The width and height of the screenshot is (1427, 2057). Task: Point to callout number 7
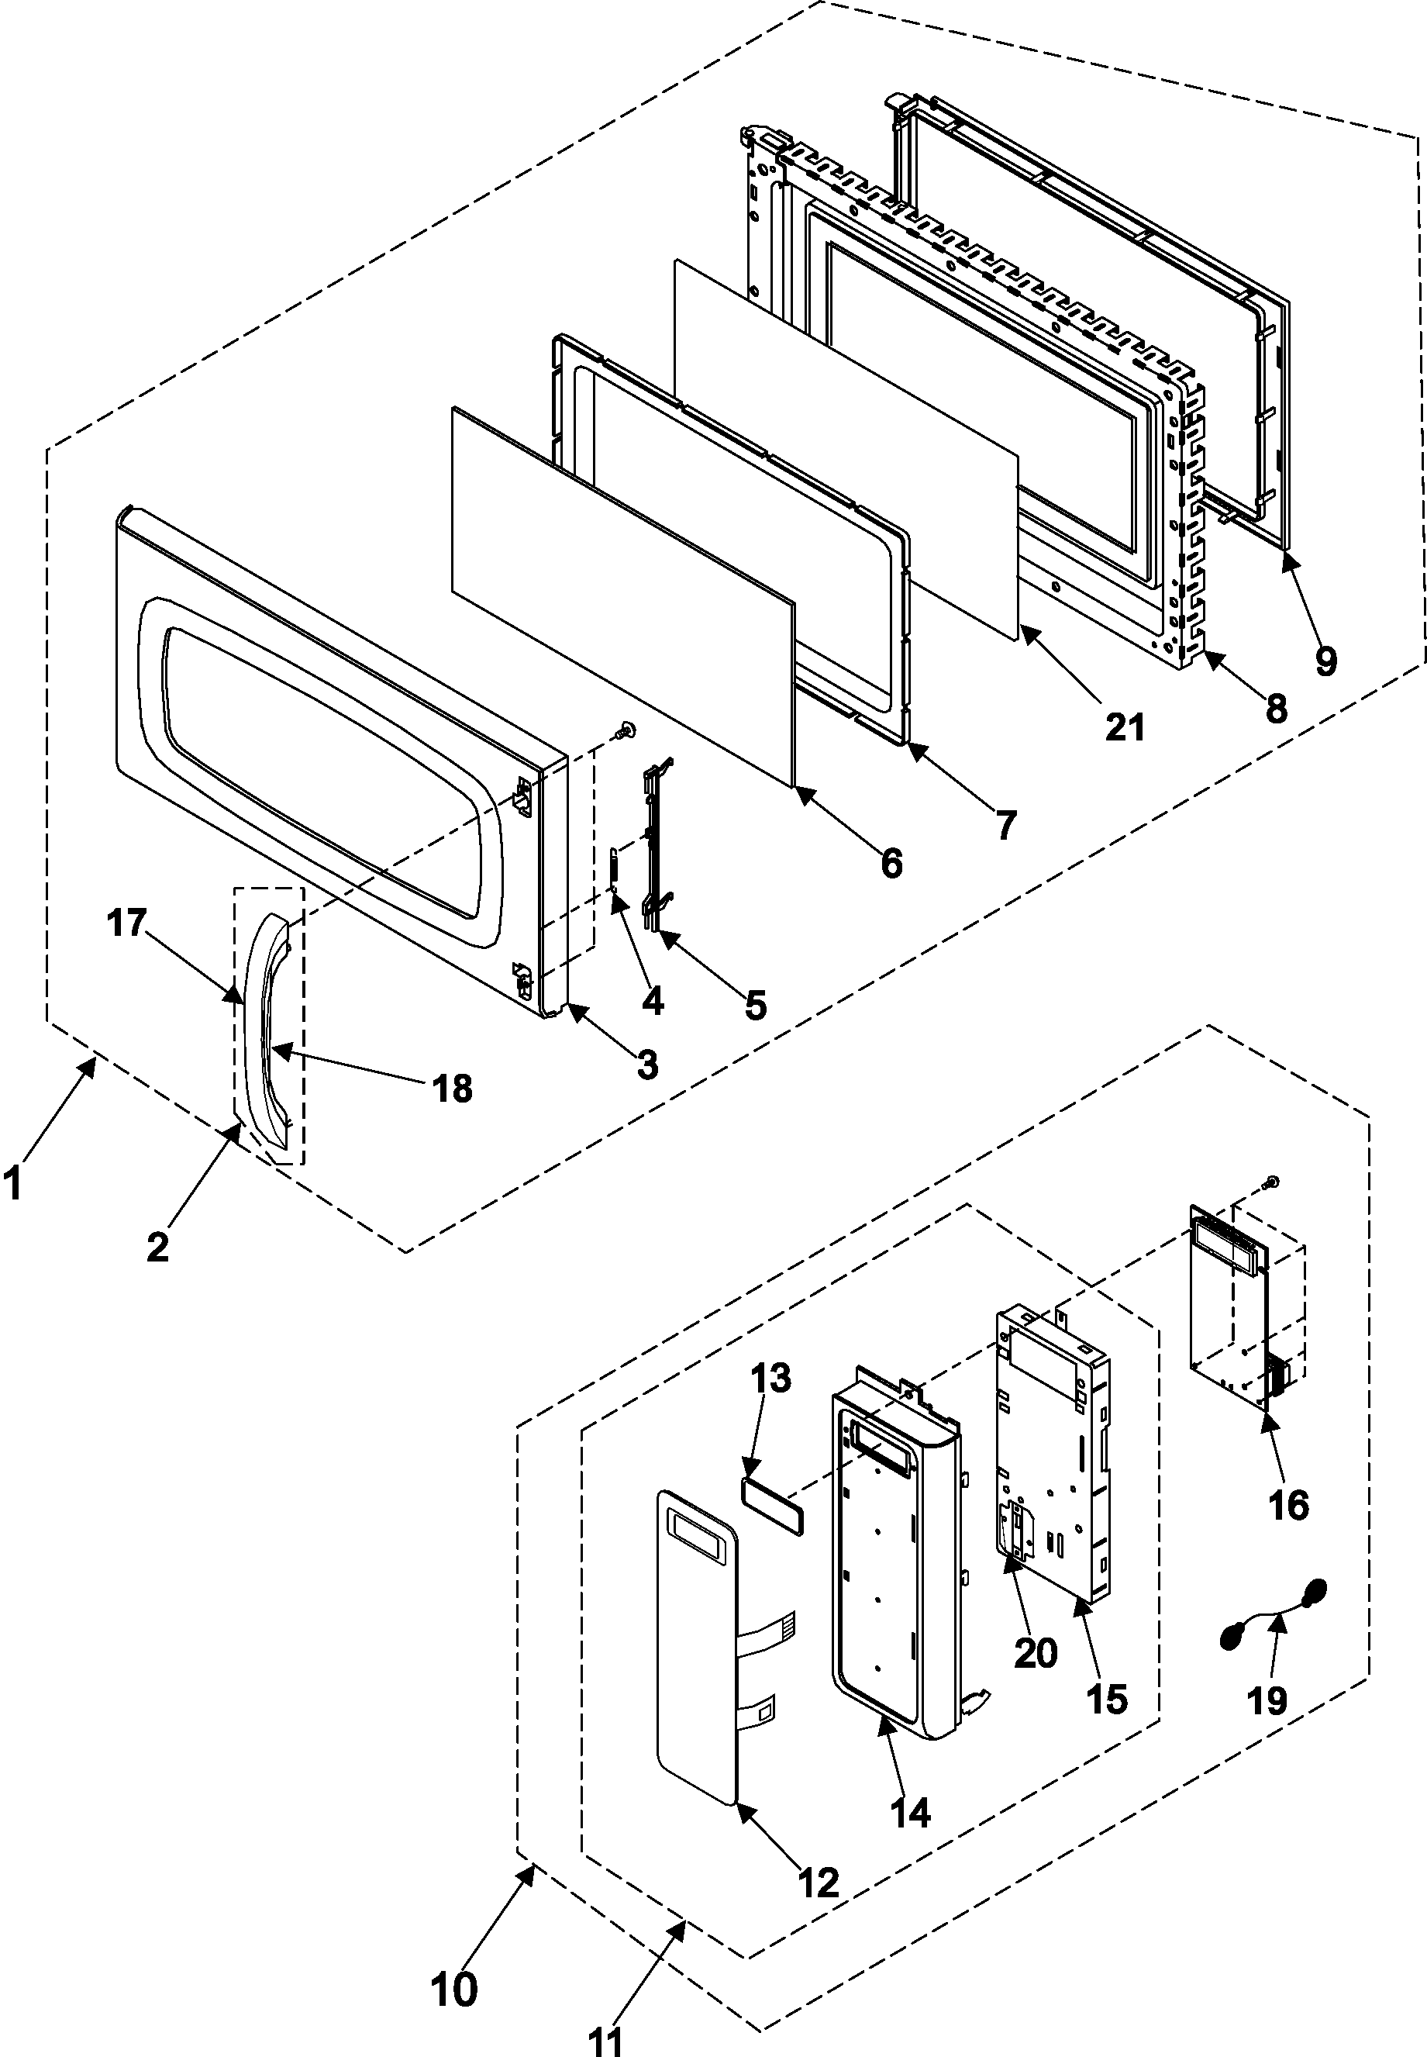[x=1006, y=823]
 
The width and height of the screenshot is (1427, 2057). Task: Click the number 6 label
[x=891, y=863]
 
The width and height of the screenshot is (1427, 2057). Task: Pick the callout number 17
[x=127, y=923]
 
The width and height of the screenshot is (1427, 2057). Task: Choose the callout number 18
[x=453, y=1089]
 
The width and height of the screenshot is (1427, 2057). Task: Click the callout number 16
[x=1289, y=1505]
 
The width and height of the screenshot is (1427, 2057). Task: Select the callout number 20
[x=1036, y=1653]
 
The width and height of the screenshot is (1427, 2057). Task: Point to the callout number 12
[x=819, y=1883]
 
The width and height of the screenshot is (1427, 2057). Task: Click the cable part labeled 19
[x=1274, y=1614]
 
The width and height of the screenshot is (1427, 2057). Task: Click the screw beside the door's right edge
[x=625, y=732]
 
